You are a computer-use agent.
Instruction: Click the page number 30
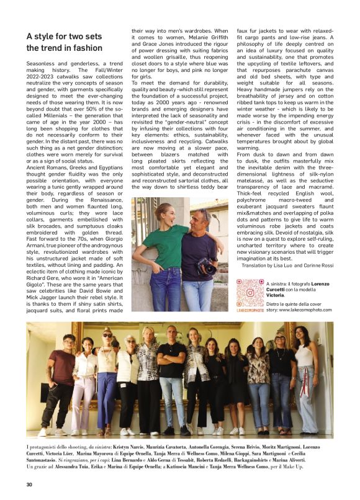29,484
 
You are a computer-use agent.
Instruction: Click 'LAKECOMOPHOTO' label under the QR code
250,310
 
